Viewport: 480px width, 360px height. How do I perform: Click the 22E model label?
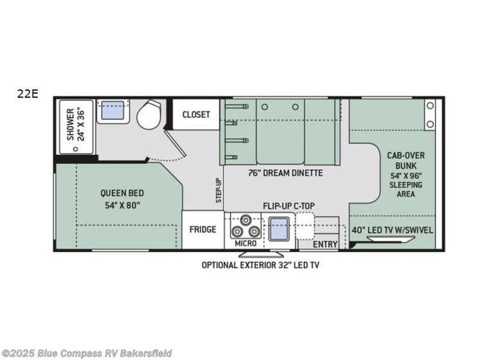coord(29,94)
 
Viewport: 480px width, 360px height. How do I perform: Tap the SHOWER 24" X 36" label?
coord(75,127)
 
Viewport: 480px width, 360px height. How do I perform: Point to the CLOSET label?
coord(196,114)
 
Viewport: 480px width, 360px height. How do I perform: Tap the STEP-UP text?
coord(218,191)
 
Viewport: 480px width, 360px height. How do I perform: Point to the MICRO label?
coord(245,244)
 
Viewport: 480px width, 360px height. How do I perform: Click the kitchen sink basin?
coord(279,228)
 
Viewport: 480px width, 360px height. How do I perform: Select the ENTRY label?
coord(325,244)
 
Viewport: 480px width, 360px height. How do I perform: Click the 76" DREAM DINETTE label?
coord(285,173)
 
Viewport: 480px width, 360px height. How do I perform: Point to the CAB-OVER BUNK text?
coord(405,161)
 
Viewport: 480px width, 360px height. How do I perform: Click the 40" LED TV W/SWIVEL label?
coord(393,230)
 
